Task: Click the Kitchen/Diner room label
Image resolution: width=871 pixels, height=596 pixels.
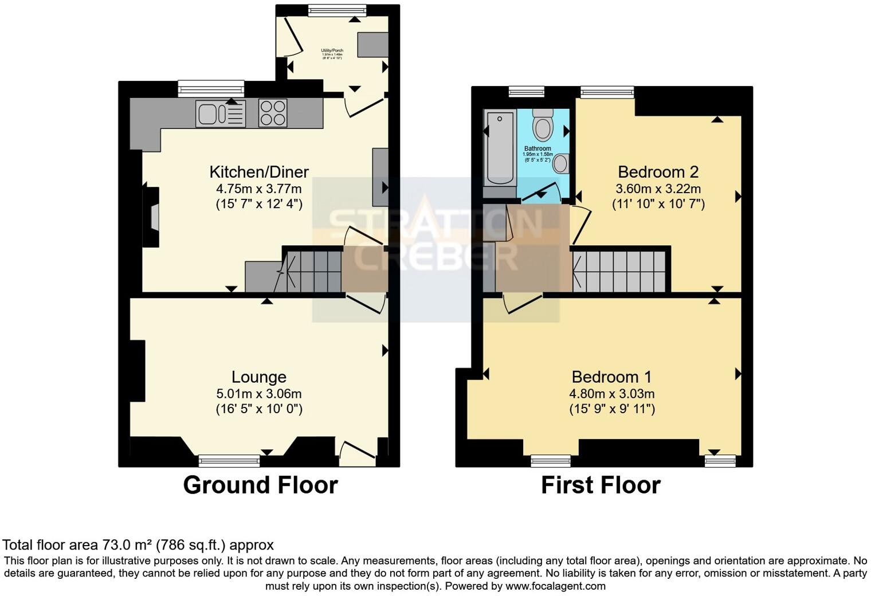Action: (x=258, y=172)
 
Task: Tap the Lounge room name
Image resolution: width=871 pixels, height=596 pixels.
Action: (x=258, y=377)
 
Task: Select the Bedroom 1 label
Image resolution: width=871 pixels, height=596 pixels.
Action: (x=611, y=377)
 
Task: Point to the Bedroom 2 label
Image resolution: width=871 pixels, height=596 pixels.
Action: (x=658, y=172)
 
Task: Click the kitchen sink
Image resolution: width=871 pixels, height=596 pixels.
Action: (x=220, y=113)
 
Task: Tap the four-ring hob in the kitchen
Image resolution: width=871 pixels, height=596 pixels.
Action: (x=273, y=113)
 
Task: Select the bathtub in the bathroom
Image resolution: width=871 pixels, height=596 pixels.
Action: (x=500, y=147)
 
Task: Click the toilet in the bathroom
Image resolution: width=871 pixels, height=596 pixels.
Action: (x=542, y=125)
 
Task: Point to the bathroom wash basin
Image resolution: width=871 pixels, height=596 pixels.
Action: (x=560, y=163)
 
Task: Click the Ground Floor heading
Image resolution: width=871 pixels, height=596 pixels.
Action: (x=260, y=485)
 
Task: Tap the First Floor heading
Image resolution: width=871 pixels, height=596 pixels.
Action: (x=601, y=485)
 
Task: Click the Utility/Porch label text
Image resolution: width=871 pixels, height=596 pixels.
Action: (x=332, y=51)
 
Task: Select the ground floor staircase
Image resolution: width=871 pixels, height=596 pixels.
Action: (x=313, y=272)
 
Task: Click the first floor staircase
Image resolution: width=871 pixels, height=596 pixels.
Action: (x=620, y=272)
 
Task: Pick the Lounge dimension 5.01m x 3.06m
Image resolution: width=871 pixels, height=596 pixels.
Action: (x=258, y=394)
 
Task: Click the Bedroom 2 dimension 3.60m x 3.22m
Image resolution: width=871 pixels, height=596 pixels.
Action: (x=658, y=189)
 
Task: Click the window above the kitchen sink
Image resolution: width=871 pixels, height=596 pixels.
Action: (x=211, y=88)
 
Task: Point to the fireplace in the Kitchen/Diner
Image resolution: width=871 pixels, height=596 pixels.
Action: (x=151, y=217)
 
